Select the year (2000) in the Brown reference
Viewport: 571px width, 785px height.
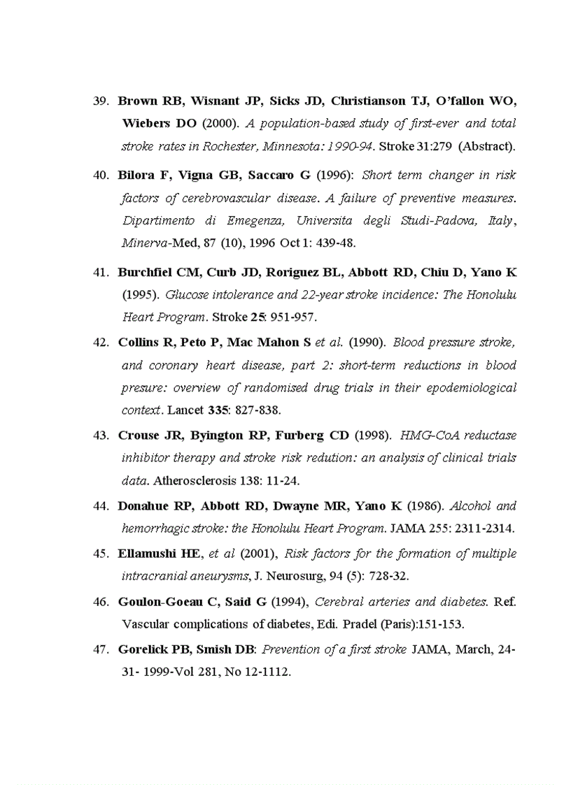click(219, 124)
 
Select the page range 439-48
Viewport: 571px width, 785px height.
click(338, 244)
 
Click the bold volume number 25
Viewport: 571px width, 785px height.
click(256, 317)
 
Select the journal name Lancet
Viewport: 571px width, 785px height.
click(184, 410)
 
